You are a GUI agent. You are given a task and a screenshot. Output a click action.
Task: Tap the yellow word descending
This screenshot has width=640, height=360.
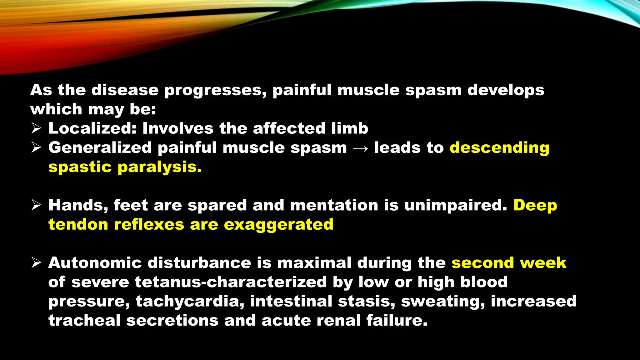coord(499,148)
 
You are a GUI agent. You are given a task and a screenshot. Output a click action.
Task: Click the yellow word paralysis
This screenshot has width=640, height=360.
coord(159,167)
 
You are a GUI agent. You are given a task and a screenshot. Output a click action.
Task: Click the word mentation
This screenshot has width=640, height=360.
coord(334,205)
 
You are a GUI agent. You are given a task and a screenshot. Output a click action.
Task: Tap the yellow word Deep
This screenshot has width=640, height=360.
coord(535,205)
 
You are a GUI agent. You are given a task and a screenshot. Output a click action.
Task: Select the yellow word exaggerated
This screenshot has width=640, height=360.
coord(278,225)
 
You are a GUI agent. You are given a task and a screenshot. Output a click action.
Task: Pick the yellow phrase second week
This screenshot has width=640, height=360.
coord(509,263)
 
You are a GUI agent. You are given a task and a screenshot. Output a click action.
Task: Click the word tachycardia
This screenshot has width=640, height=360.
coord(190,301)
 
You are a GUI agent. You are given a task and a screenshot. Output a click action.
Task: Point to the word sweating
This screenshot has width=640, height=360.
coord(442,301)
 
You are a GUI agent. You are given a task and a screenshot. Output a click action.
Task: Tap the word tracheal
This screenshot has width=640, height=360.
coord(84,321)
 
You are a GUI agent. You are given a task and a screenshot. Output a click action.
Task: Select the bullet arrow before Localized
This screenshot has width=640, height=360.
coord(37,128)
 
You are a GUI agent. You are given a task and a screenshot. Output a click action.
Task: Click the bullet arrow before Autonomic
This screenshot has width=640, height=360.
coord(37,263)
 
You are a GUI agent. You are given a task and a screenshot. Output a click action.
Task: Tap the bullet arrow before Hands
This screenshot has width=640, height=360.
coord(37,205)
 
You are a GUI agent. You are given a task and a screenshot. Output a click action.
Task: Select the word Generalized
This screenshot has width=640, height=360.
coord(100,148)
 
